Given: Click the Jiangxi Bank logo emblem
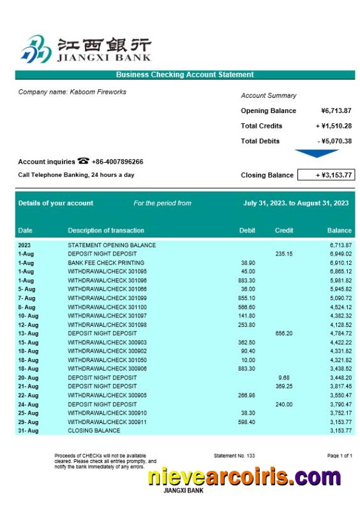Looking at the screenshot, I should click(36, 49).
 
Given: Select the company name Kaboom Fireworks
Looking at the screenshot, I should click(72, 92).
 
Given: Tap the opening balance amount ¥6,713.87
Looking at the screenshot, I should click(336, 111).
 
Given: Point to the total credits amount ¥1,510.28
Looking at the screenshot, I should click(334, 126).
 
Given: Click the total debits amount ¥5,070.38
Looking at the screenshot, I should click(334, 141).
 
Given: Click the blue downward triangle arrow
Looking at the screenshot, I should click(317, 153).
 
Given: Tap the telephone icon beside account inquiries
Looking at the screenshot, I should click(84, 162).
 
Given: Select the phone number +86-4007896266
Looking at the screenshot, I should click(117, 162).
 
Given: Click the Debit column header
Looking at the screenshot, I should click(247, 231).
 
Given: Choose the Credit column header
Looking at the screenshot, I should click(284, 231).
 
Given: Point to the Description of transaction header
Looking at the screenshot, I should click(106, 231).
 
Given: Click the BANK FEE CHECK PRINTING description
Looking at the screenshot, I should click(106, 263).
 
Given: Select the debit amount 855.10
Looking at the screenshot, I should click(246, 298).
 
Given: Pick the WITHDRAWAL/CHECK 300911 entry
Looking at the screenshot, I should click(107, 422).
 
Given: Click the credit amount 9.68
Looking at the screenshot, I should click(284, 378).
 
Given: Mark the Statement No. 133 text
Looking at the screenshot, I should click(234, 455).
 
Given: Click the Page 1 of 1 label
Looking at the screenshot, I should click(340, 455).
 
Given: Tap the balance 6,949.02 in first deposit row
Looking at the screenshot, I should click(341, 254).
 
